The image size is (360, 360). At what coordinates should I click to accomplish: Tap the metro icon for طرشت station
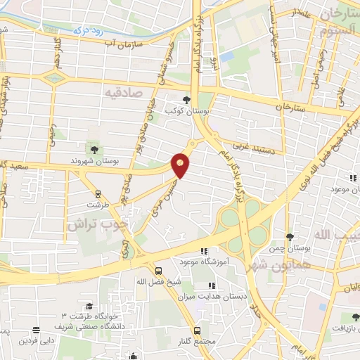point(98,194)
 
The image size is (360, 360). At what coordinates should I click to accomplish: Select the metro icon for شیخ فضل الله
point(159,271)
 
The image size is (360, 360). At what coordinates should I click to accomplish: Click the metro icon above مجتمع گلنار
point(198,330)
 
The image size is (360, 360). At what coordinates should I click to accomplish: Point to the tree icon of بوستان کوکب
point(186,100)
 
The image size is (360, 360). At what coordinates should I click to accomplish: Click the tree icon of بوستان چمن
point(290,237)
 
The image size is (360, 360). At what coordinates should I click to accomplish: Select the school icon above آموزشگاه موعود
point(205,252)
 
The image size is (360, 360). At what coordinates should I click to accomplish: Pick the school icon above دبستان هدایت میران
point(211,285)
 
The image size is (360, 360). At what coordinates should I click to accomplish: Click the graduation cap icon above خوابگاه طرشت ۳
point(89,306)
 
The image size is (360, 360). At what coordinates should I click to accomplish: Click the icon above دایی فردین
point(36,330)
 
